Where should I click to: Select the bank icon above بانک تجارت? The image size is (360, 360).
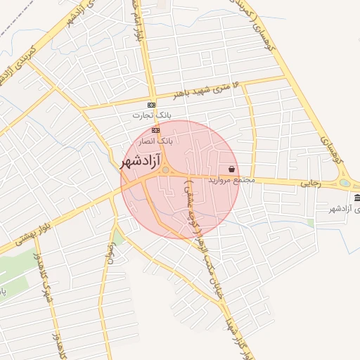pos(153,104)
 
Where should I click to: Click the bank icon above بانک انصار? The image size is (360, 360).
pos(155,130)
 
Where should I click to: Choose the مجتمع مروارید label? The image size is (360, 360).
pos(230,181)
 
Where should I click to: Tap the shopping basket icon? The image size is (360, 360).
pos(231,169)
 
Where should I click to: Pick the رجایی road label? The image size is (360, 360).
pos(310,182)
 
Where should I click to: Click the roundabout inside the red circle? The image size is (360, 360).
pos(165,170)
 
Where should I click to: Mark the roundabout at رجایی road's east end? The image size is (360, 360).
pos(345,184)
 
